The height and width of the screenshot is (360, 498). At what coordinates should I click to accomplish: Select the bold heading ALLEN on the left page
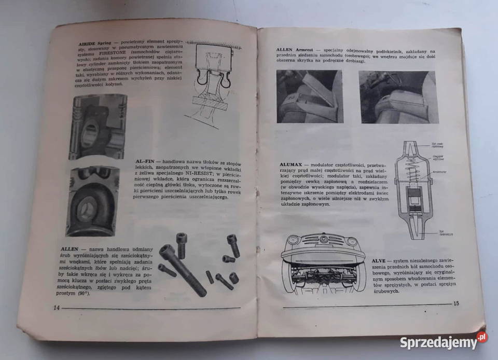click(70, 250)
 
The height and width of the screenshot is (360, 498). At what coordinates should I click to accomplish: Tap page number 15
click(456, 303)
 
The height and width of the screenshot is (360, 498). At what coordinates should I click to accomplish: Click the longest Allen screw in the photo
click(181, 270)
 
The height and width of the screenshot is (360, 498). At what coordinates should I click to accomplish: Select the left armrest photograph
click(309, 96)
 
